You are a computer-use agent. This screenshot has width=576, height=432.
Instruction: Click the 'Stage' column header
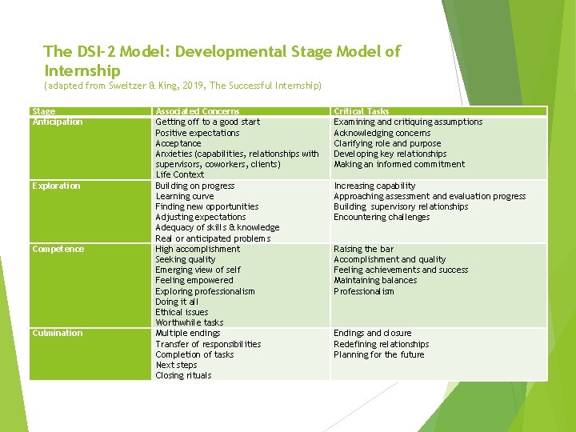(43, 111)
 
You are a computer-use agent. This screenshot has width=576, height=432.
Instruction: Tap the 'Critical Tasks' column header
(361, 111)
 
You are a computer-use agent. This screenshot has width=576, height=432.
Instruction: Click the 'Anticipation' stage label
(57, 122)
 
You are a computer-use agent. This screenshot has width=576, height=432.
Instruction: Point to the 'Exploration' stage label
(56, 186)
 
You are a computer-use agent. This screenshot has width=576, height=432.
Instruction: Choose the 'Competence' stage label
(56, 249)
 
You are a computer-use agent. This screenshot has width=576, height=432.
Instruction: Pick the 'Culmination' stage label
(57, 333)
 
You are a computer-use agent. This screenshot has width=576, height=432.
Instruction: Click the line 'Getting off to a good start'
(207, 122)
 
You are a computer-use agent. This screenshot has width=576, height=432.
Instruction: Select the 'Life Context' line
(180, 174)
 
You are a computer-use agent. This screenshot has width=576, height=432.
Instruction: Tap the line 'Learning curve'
(184, 196)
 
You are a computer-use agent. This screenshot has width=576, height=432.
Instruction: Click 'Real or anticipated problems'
(213, 238)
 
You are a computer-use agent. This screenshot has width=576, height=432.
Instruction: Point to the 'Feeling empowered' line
(194, 281)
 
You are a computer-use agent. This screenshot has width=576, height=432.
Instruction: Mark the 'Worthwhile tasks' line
(189, 322)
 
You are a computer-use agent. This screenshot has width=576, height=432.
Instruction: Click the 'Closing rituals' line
(183, 375)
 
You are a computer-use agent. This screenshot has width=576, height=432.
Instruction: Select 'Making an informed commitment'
(398, 164)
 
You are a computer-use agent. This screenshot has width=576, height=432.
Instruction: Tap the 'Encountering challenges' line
(382, 217)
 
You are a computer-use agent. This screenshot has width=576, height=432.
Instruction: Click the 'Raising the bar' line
(364, 249)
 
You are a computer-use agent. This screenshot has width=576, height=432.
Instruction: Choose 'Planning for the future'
(378, 354)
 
